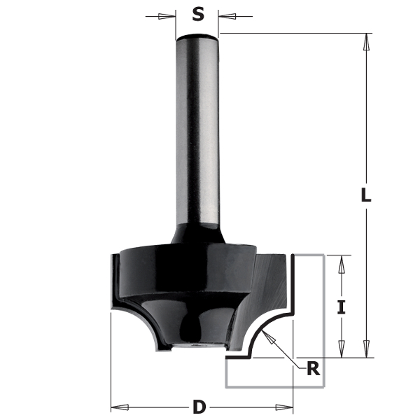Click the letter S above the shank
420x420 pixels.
tap(198, 13)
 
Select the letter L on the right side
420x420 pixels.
tap(365, 195)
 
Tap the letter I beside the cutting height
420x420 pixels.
tap(341, 306)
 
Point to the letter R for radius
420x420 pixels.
tap(314, 368)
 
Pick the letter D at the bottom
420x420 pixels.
tap(199, 406)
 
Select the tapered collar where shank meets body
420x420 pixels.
tap(197, 234)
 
